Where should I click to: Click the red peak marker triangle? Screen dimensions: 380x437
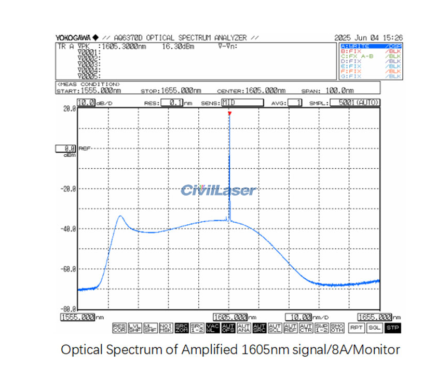point(229,113)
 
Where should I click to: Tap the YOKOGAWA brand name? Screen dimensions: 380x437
point(73,38)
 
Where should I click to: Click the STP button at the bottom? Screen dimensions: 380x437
point(393,328)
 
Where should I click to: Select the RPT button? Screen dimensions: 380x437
point(356,328)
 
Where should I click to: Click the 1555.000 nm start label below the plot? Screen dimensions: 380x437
point(78,317)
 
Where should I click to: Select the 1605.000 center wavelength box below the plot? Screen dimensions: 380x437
point(230,317)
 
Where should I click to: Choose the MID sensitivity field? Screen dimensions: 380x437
point(242,103)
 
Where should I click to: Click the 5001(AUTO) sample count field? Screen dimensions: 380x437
point(355,103)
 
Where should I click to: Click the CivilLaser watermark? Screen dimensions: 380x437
point(218,190)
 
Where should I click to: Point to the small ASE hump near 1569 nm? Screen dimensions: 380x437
point(121,216)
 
